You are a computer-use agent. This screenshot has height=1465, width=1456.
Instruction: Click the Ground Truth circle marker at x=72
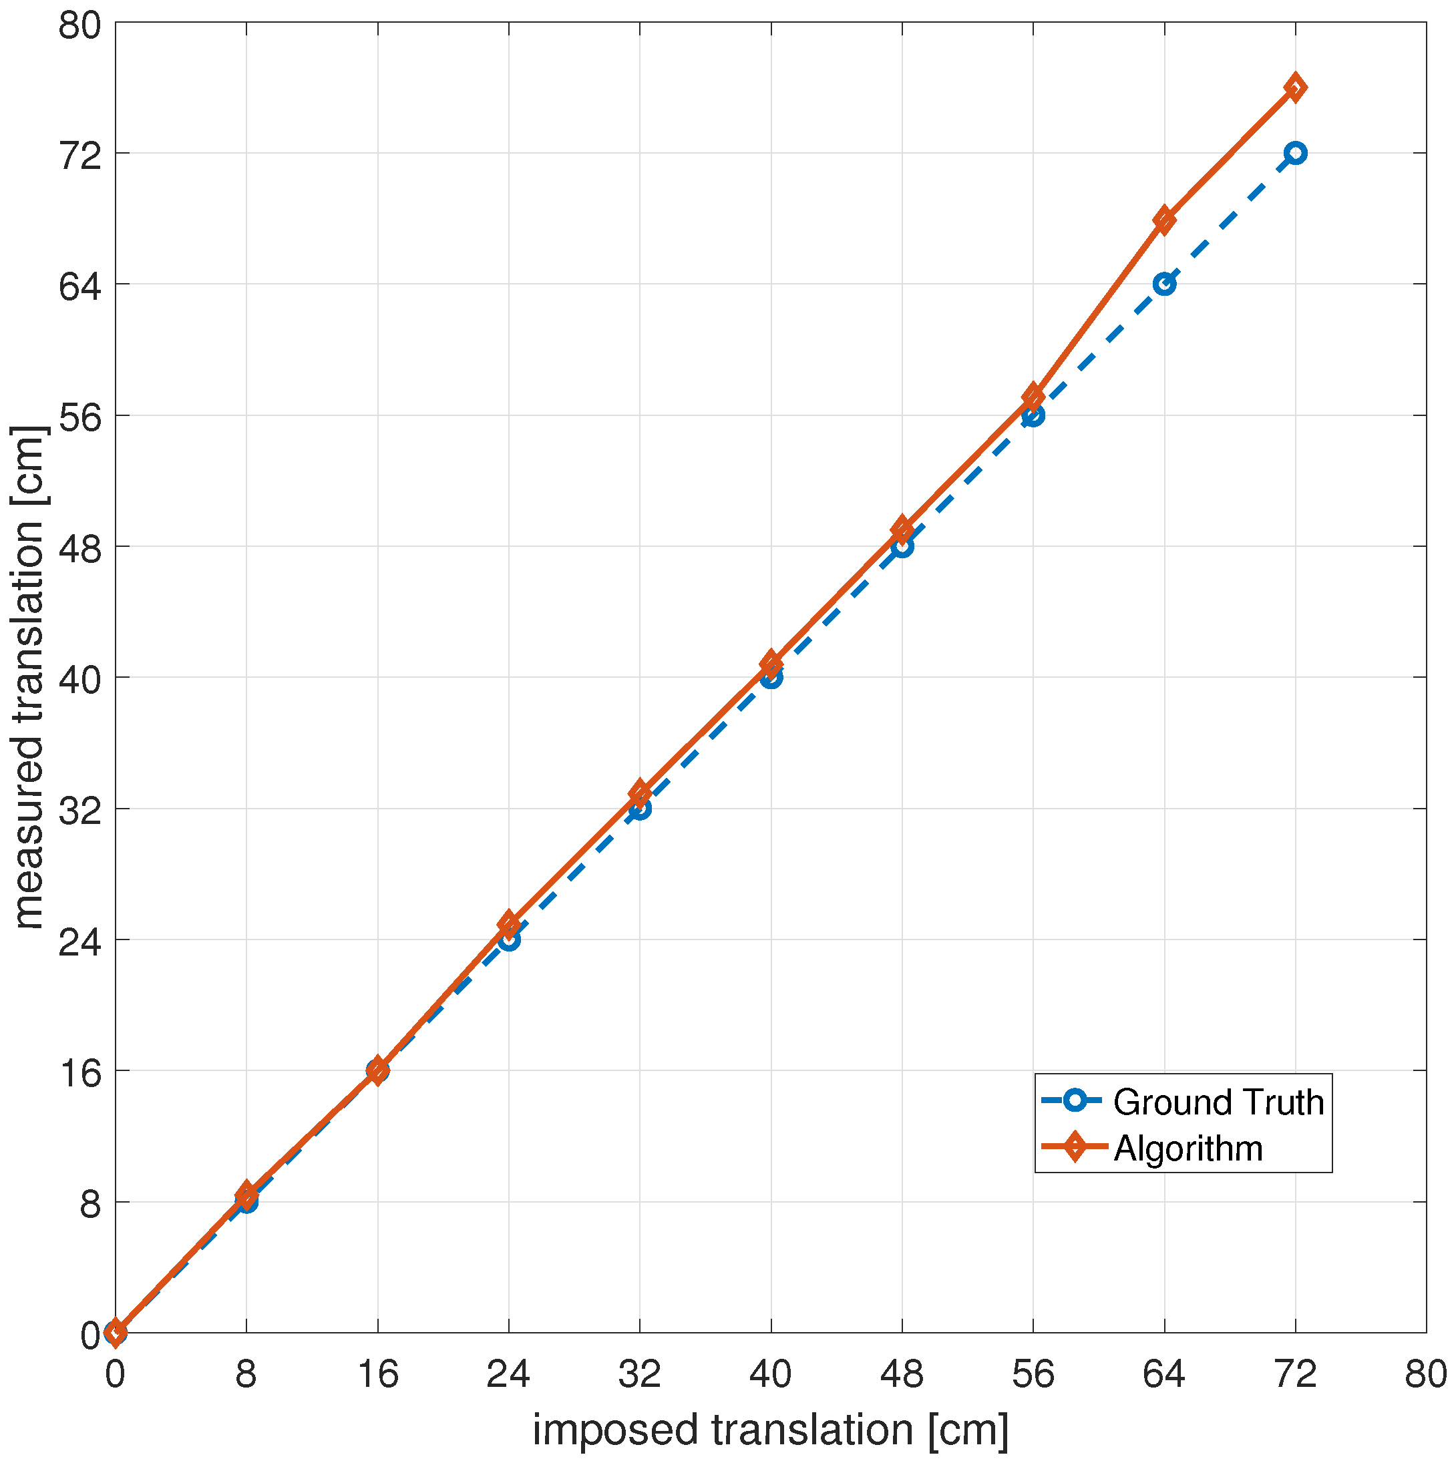coord(1295,153)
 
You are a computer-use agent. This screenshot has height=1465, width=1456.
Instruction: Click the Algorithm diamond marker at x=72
coord(1295,88)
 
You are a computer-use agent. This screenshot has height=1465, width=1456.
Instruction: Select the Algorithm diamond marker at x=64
coord(1164,220)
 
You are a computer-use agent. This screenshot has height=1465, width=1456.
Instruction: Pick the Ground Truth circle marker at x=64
coord(1164,284)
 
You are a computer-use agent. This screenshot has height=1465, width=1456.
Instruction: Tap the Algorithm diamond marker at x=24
coord(509,923)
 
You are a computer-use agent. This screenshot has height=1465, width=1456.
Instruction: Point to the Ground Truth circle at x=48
coord(902,546)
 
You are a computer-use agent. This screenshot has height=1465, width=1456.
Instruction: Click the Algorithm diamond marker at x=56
coord(1033,397)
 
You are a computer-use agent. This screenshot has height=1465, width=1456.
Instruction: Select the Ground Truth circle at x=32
coord(639,809)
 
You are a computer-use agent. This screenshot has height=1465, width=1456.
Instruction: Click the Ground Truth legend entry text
coord(1218,1102)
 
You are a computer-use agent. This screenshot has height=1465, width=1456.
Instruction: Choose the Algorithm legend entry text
coord(1188,1148)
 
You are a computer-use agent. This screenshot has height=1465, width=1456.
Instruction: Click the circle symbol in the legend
coord(1075,1100)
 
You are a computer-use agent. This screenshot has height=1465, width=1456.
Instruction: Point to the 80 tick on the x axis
coord(1426,1374)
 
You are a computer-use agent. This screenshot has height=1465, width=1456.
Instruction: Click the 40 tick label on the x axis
coord(771,1374)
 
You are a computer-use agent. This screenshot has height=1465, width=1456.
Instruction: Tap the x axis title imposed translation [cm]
coord(771,1430)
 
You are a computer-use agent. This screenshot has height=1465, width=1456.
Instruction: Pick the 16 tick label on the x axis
coord(377,1374)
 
